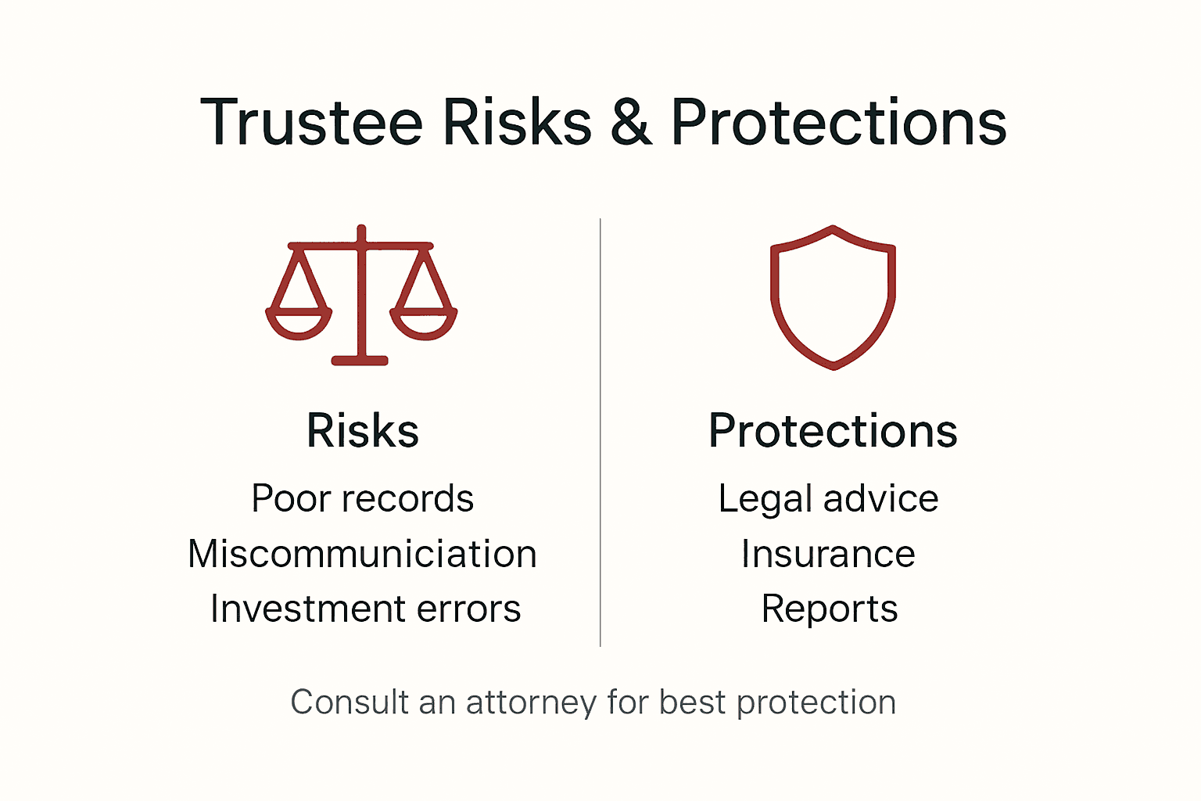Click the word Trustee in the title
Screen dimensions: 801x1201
[311, 123]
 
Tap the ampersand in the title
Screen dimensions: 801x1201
[631, 123]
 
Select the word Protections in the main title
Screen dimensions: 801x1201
[838, 123]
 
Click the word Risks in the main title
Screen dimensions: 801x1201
[517, 123]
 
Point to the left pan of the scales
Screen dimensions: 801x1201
[299, 322]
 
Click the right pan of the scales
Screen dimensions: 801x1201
[423, 322]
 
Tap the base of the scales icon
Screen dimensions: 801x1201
[360, 361]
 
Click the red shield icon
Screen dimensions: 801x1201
[833, 297]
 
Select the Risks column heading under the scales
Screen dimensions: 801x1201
[363, 430]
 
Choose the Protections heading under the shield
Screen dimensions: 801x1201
[833, 430]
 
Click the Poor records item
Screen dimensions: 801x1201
[363, 498]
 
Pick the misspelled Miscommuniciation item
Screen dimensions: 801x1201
[363, 554]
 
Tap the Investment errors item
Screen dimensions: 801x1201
[365, 609]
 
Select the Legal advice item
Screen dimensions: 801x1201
[828, 498]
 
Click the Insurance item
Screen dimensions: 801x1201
[828, 554]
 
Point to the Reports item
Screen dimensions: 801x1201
[830, 609]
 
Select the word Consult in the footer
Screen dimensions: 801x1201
[350, 702]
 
